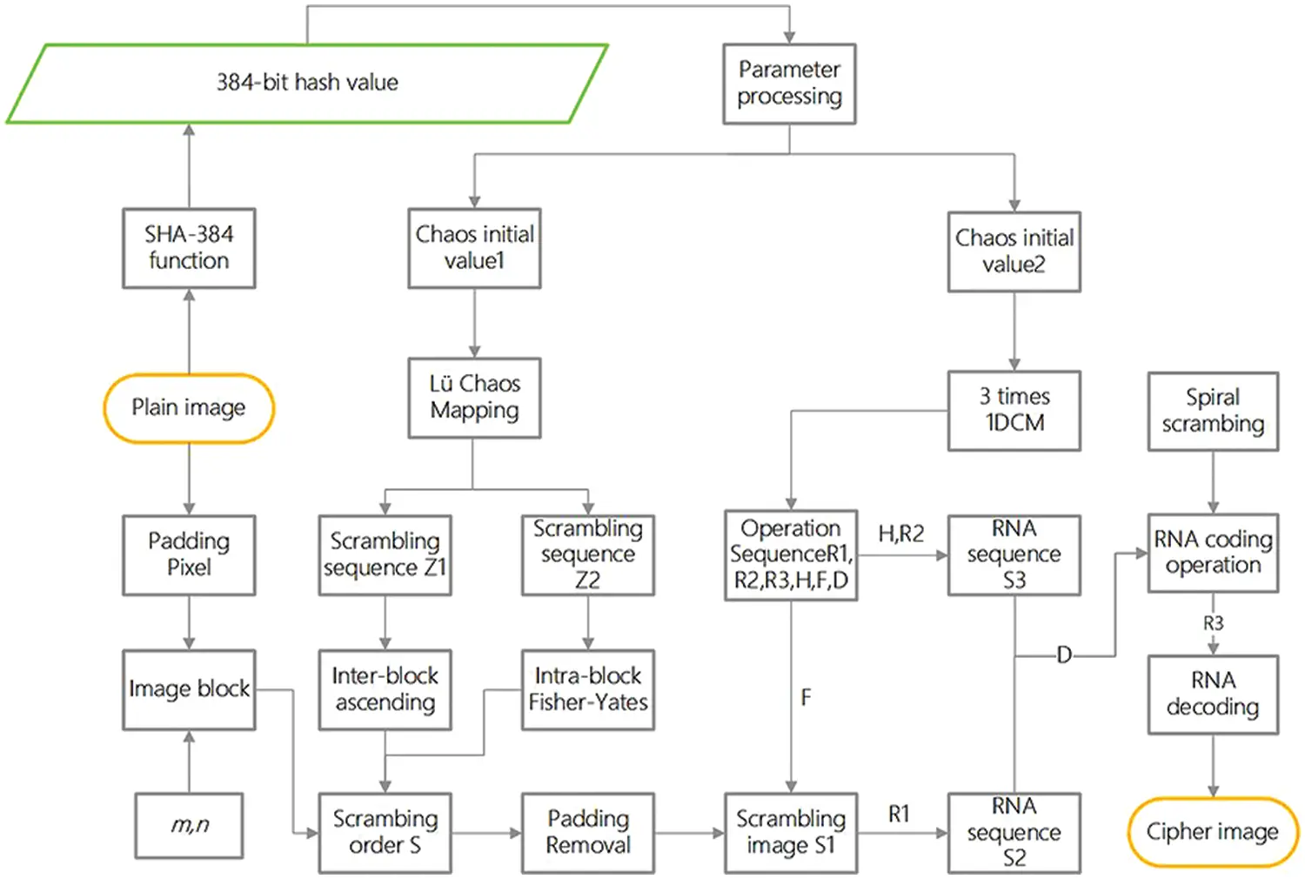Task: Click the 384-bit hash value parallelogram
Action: (x=306, y=84)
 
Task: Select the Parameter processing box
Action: (x=789, y=84)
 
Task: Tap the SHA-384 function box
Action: (x=189, y=248)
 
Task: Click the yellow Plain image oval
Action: (x=189, y=408)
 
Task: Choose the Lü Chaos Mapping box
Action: (x=474, y=398)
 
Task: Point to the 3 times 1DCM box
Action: (x=1014, y=410)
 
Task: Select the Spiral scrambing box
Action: (x=1213, y=411)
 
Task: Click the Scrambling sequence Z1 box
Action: (x=385, y=555)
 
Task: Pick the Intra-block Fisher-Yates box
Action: (x=588, y=689)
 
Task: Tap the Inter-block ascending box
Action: (x=385, y=689)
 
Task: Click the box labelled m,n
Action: (x=189, y=825)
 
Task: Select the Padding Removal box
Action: (x=588, y=832)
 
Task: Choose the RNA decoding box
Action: (x=1213, y=694)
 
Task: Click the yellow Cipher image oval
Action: (x=1212, y=832)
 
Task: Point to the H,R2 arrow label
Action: (x=900, y=533)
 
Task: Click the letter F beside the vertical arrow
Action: (x=806, y=697)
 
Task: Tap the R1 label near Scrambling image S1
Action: (x=899, y=814)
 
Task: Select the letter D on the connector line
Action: (x=1063, y=655)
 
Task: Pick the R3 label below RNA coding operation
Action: (x=1213, y=623)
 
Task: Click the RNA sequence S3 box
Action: (x=1014, y=555)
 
